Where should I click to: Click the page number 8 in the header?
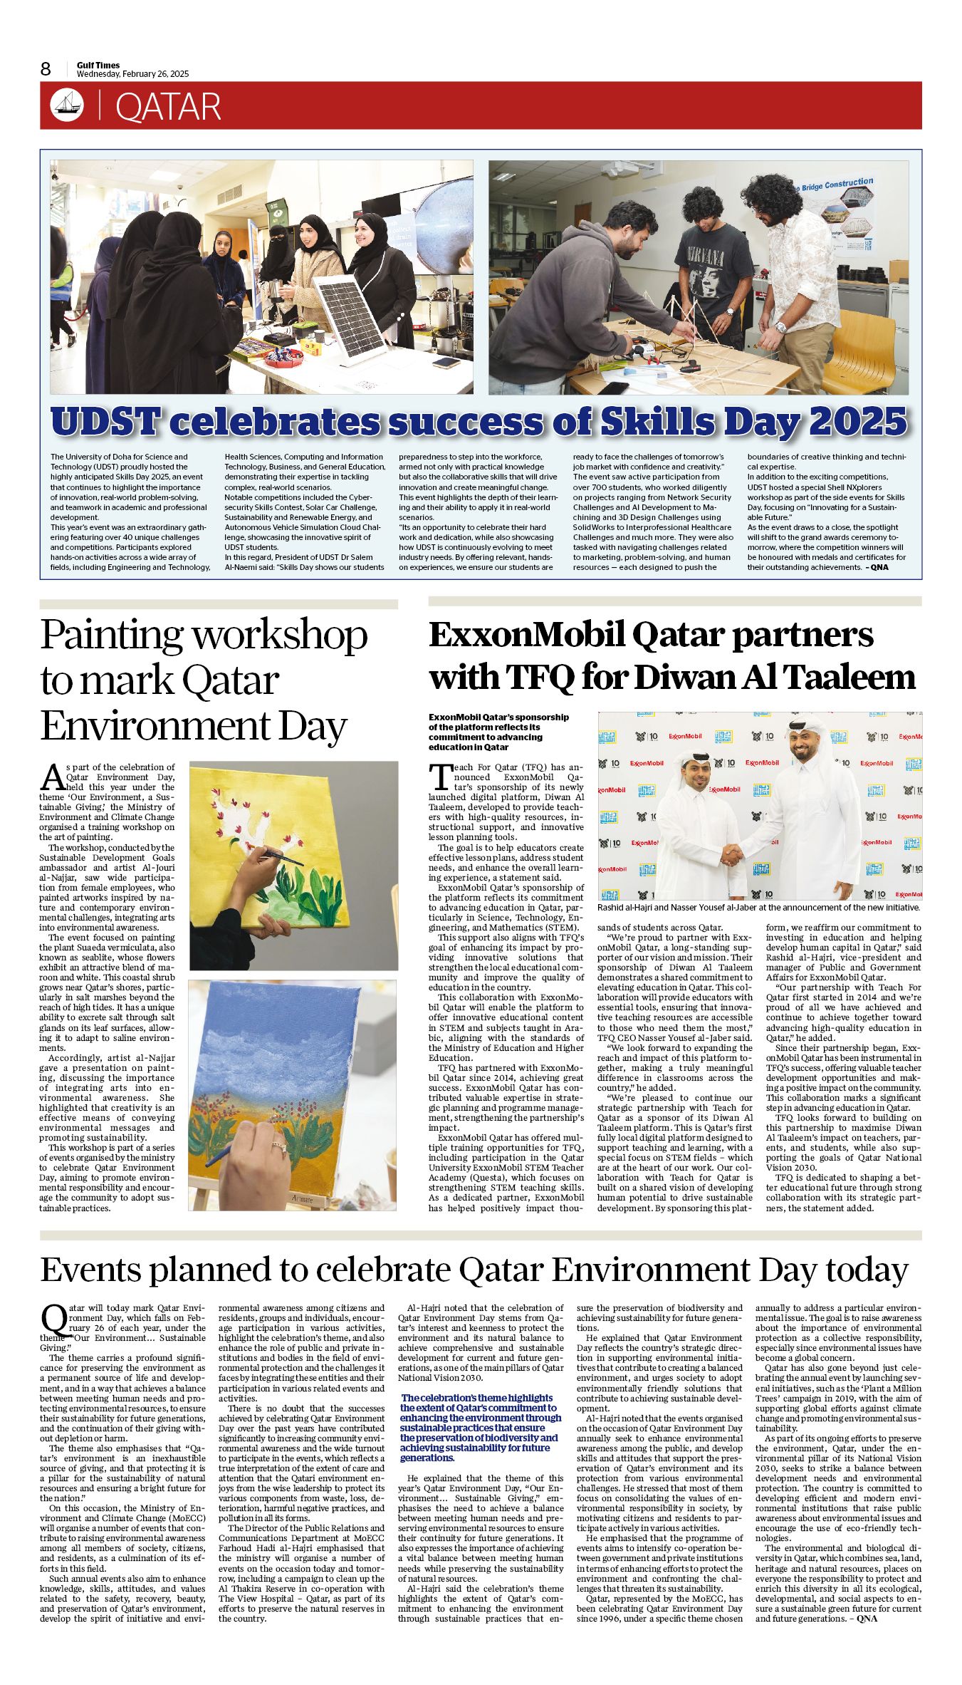tap(46, 68)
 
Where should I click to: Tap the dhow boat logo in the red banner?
tap(67, 105)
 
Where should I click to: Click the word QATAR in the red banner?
tap(168, 107)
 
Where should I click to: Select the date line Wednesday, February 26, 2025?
tap(132, 74)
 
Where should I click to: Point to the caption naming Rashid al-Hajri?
tap(758, 908)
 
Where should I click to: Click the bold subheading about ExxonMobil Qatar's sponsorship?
tap(498, 732)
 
